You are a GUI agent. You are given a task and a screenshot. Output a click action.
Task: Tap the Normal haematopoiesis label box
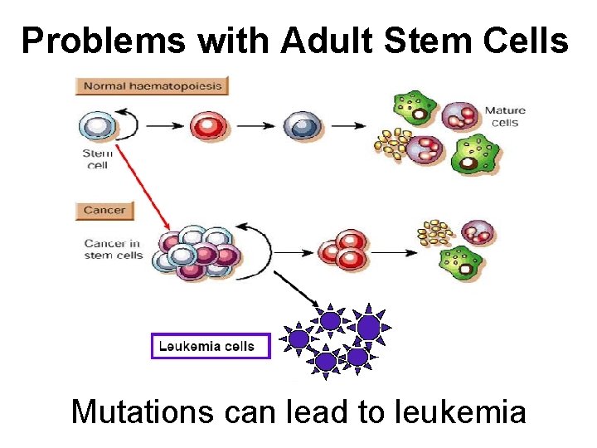click(x=151, y=85)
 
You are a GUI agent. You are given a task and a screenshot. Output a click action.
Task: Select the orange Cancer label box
click(x=104, y=210)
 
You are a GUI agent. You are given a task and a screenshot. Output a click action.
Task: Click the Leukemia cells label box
click(x=211, y=345)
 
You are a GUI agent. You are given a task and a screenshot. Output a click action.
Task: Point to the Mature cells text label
click(x=505, y=117)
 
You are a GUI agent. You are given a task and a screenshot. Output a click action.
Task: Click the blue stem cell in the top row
click(x=98, y=127)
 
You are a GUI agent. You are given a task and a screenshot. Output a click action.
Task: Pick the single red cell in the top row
click(x=207, y=127)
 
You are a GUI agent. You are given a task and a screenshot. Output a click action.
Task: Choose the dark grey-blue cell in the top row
click(x=299, y=127)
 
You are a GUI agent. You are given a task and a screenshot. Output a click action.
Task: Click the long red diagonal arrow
click(x=143, y=187)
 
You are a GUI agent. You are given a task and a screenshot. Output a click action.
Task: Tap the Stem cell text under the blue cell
click(x=97, y=158)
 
